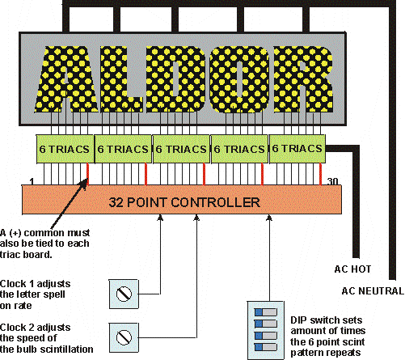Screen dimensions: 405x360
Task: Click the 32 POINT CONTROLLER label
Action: tap(184, 202)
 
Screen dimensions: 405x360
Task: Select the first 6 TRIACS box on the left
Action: tap(65, 149)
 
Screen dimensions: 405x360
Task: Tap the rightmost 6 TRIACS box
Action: tap(297, 149)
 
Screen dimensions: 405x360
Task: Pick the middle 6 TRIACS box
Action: tap(181, 149)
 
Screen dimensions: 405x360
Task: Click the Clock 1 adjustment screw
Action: tap(124, 294)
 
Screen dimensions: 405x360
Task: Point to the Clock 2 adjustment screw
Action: tap(124, 337)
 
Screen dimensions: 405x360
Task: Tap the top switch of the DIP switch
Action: tap(266, 312)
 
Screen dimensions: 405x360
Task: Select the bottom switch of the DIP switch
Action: tap(266, 347)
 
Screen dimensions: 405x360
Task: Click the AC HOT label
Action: tap(352, 269)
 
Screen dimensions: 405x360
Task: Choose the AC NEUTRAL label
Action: tap(373, 291)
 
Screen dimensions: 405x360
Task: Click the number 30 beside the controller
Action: tap(332, 181)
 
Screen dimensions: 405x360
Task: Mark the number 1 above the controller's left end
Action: tap(32, 181)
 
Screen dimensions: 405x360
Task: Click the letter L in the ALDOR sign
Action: tap(120, 79)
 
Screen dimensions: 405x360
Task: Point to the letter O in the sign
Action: tap(239, 79)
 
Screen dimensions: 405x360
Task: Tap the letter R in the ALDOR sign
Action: tap(303, 79)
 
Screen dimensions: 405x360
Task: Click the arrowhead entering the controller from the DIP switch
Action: tap(268, 218)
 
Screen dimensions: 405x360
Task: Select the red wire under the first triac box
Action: tap(87, 174)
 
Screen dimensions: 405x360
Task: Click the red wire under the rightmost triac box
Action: tap(320, 174)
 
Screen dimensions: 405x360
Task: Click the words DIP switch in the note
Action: tap(311, 320)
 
